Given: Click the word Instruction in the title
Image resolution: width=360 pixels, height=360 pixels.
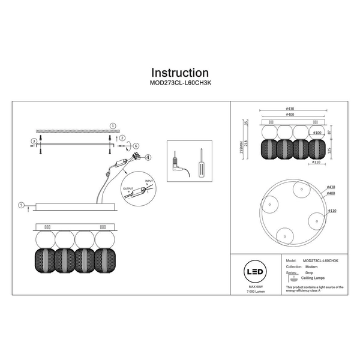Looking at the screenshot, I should [179, 73].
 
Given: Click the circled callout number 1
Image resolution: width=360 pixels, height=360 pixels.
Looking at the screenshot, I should [112, 125].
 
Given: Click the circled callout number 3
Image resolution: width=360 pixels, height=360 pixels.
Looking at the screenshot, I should [34, 141].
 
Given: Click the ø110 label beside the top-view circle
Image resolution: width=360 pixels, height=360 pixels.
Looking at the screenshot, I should [332, 211].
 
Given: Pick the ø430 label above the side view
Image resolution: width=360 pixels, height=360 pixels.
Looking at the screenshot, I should [290, 109].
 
